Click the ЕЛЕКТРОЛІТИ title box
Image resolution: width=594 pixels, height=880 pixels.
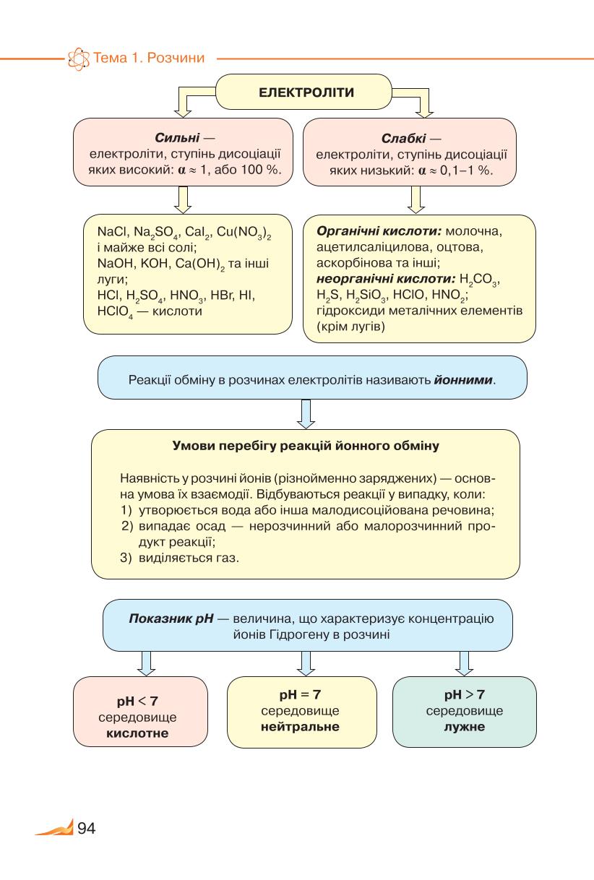tap(304, 92)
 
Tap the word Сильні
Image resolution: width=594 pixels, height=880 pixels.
tap(177, 138)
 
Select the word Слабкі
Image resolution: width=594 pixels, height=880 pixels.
tap(403, 139)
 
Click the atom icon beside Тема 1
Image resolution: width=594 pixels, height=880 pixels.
tap(79, 59)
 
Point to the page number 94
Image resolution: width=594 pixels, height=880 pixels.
tap(87, 828)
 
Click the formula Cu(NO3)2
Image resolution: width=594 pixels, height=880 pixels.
tap(244, 233)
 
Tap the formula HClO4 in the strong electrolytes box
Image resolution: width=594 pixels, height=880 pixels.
tap(115, 312)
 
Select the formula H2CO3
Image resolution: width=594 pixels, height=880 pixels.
tap(479, 280)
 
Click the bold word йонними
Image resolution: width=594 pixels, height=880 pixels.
tap(463, 380)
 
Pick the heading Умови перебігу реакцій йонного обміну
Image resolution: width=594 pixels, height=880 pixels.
tap(306, 446)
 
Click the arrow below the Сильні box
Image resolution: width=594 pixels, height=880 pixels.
tap(183, 199)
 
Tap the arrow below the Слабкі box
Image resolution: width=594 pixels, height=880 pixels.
tap(416, 199)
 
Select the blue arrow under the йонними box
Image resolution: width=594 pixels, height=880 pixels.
tap(306, 414)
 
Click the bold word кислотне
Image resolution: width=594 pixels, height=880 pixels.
tap(137, 733)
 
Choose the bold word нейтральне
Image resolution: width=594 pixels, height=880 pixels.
tap(300, 726)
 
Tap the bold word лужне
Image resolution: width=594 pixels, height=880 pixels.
tap(465, 726)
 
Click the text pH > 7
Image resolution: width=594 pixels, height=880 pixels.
tap(465, 694)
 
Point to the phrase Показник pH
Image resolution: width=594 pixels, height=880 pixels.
tap(171, 618)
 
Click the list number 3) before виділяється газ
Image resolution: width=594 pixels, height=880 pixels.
tap(126, 558)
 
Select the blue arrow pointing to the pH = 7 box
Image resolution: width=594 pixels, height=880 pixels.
tap(306, 663)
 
